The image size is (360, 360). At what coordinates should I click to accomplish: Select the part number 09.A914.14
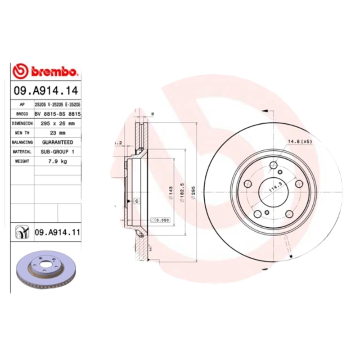(x=45, y=90)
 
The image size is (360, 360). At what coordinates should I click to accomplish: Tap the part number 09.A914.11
(x=57, y=232)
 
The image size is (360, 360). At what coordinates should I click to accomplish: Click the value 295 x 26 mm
(x=58, y=123)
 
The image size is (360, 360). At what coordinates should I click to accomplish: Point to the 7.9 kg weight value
(x=58, y=162)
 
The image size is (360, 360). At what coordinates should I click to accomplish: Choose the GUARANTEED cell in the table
(x=58, y=142)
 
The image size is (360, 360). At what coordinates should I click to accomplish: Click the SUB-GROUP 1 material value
(x=58, y=152)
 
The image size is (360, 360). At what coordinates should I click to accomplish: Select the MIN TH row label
(x=22, y=133)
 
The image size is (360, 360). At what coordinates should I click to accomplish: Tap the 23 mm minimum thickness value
(x=58, y=133)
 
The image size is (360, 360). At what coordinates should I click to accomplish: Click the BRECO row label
(x=22, y=114)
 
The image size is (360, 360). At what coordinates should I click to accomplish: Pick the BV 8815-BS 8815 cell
(x=58, y=114)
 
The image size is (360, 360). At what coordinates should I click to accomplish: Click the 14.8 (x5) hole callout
(x=300, y=141)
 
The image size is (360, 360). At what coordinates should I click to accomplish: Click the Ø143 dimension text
(x=171, y=193)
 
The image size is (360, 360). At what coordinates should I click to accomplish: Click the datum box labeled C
(x=136, y=201)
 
